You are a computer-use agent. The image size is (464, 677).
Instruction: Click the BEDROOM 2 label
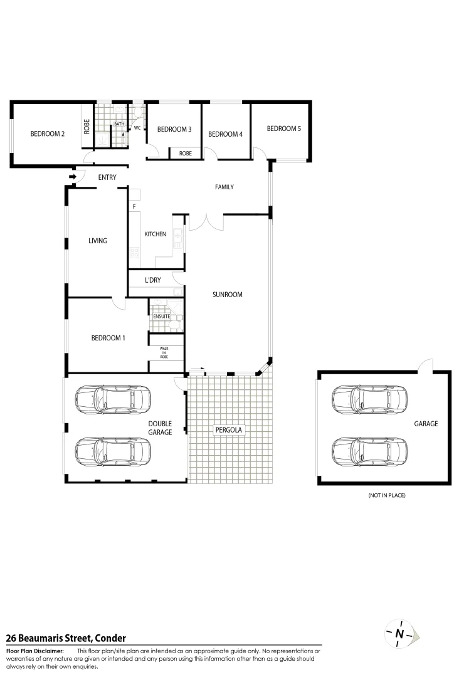(x=48, y=134)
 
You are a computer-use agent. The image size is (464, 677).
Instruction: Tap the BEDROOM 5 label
(x=283, y=129)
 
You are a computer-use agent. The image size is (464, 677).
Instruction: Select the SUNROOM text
(x=227, y=294)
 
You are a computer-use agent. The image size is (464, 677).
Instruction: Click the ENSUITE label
(x=162, y=317)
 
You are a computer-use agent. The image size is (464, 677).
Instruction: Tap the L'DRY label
(x=153, y=280)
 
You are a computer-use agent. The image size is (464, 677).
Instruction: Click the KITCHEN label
(x=156, y=234)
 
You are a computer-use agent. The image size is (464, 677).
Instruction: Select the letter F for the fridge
(x=134, y=206)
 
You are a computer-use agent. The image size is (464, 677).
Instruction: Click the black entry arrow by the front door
(x=72, y=177)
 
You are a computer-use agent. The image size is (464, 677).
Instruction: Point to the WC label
(x=137, y=128)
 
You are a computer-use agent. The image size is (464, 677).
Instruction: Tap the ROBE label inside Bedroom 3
(x=186, y=153)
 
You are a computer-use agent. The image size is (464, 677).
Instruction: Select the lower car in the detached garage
(x=369, y=449)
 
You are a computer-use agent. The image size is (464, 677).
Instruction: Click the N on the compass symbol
(x=399, y=634)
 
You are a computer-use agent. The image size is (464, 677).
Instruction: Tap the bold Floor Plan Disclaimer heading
(x=35, y=651)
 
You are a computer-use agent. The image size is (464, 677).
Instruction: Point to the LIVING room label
(x=98, y=240)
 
